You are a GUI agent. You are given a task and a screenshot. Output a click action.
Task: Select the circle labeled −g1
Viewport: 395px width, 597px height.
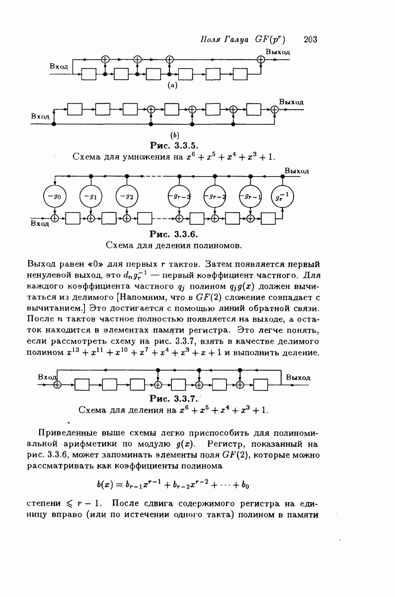click(90, 196)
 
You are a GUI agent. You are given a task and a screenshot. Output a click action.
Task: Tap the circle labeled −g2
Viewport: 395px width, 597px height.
click(127, 196)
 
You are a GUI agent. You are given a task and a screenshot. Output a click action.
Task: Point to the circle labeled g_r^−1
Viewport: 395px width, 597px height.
click(282, 196)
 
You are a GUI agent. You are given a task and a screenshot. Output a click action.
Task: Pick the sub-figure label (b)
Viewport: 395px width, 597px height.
click(174, 134)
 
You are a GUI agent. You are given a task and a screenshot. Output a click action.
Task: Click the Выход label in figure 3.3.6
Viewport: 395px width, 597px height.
click(297, 171)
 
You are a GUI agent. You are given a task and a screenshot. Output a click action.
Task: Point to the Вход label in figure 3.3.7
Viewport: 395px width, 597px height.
click(46, 378)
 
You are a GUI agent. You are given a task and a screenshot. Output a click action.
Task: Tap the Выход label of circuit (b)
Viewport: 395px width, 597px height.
click(291, 101)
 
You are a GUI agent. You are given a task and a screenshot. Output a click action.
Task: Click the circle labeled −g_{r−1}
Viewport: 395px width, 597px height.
click(250, 196)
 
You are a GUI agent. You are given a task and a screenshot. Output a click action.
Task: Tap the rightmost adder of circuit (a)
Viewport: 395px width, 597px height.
click(260, 59)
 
